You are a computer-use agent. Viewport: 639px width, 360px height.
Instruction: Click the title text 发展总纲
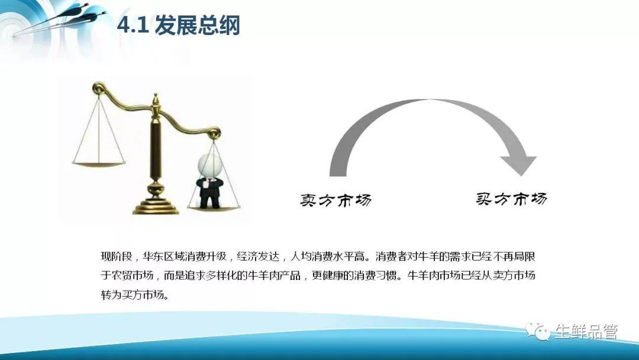(198, 25)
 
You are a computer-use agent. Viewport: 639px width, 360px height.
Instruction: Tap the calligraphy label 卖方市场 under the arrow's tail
(336, 200)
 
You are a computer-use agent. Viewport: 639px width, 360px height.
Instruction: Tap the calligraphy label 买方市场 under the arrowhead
(511, 198)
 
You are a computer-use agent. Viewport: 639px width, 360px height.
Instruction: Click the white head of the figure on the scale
(210, 165)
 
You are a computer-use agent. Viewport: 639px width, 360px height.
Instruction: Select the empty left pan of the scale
(99, 164)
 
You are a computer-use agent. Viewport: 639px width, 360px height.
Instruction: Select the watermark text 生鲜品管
(586, 332)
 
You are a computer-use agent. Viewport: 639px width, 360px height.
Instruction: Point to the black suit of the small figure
(209, 191)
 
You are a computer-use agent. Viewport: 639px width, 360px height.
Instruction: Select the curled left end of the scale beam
(99, 87)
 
